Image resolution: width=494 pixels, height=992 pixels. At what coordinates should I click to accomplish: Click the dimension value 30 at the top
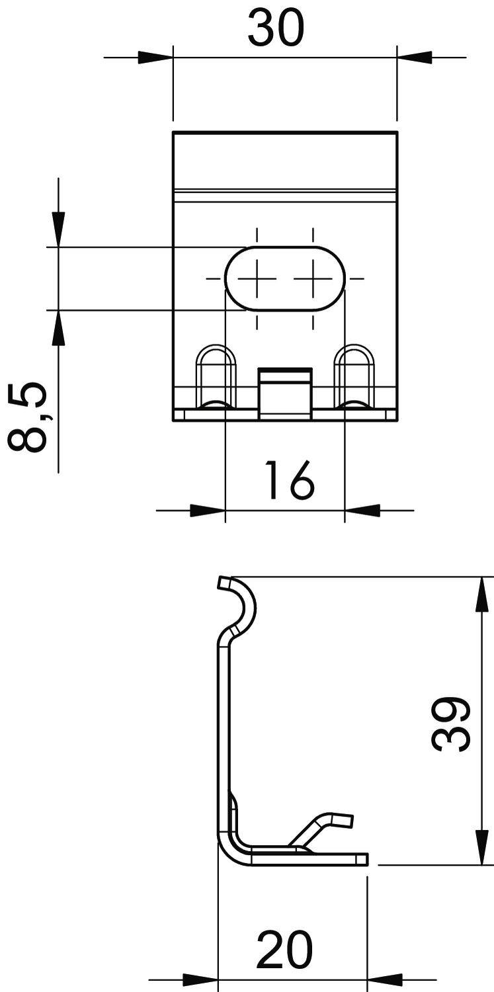click(x=276, y=30)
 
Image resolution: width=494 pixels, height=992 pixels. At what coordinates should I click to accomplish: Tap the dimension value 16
click(x=289, y=481)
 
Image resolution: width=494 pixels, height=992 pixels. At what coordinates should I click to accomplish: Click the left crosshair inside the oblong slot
click(x=257, y=278)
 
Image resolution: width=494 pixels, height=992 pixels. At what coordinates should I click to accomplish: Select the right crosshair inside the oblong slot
click(x=313, y=278)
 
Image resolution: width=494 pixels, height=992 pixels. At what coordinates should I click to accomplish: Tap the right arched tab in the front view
click(x=354, y=375)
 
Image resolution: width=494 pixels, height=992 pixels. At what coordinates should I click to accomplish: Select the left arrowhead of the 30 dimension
click(x=155, y=58)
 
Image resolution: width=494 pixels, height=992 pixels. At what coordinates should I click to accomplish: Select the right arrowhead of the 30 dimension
click(x=414, y=58)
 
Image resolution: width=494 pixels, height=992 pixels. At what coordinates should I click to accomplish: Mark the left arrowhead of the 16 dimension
click(x=208, y=511)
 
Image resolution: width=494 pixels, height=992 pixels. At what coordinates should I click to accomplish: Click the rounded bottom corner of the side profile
click(x=228, y=850)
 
